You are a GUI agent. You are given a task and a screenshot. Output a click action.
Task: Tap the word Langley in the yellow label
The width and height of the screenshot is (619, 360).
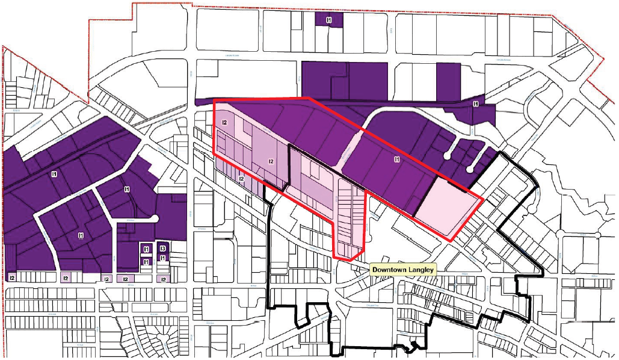[422, 270]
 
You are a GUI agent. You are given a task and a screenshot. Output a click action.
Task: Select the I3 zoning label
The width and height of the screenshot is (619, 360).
[163, 249]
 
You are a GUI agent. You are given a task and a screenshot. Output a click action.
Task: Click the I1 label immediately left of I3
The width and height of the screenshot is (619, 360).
[146, 249]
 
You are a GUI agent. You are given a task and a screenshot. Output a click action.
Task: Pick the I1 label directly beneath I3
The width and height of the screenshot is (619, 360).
[163, 259]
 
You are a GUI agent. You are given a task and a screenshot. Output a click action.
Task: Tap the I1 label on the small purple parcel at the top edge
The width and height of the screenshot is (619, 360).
[329, 20]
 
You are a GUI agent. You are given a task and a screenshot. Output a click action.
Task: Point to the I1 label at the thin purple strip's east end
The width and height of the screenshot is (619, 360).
[476, 104]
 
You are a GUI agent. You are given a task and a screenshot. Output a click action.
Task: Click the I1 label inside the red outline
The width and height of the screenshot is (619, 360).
[396, 159]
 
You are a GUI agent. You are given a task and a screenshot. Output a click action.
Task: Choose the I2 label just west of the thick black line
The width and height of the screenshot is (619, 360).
[271, 161]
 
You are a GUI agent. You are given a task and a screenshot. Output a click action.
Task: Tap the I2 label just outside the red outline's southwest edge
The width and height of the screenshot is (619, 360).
[241, 179]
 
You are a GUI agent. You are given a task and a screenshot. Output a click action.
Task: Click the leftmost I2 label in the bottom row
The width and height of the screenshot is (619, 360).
[12, 278]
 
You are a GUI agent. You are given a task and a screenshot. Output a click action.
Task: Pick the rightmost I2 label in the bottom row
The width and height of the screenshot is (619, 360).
[162, 279]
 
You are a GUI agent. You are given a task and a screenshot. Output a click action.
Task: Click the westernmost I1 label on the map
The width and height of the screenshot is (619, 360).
[54, 174]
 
